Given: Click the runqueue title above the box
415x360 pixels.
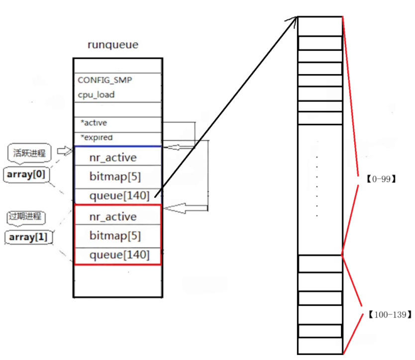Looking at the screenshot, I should pyautogui.click(x=112, y=45).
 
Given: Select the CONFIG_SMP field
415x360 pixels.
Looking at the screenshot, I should pyautogui.click(x=104, y=80).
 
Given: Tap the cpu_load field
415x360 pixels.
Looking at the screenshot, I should pyautogui.click(x=96, y=94).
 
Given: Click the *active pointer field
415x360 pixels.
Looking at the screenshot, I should pyautogui.click(x=94, y=122).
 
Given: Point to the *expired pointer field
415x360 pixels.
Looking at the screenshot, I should pyautogui.click(x=97, y=137).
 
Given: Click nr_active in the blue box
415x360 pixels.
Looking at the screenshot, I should pyautogui.click(x=112, y=158).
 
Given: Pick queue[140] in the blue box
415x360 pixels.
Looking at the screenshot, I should pyautogui.click(x=119, y=196).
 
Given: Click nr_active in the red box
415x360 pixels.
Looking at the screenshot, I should pyautogui.click(x=112, y=217).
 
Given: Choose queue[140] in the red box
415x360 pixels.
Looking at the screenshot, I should pyautogui.click(x=119, y=255).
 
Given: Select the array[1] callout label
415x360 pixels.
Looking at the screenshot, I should pyautogui.click(x=28, y=238).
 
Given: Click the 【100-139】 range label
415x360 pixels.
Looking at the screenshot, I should pyautogui.click(x=390, y=315).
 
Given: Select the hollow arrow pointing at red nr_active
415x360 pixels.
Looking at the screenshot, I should pyautogui.click(x=182, y=207).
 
